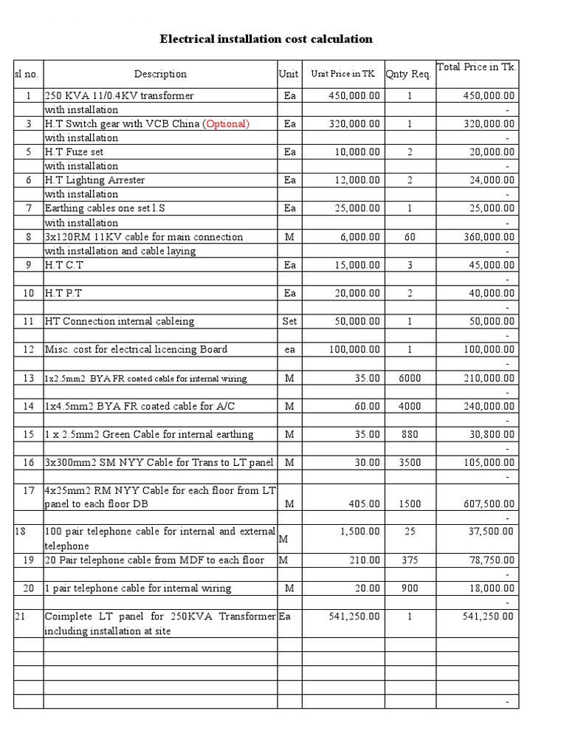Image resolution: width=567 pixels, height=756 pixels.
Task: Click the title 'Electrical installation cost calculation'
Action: pos(266,39)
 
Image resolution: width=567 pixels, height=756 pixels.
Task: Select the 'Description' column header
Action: pos(160,74)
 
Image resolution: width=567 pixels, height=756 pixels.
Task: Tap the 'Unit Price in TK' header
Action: pos(343,74)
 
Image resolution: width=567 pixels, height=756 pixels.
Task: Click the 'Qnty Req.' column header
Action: pos(408,74)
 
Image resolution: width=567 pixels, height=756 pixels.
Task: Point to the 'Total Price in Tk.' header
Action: pos(477,67)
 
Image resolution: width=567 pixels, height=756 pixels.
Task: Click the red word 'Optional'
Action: pos(226,124)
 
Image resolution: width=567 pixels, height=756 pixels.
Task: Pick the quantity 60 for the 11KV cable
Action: pos(409,237)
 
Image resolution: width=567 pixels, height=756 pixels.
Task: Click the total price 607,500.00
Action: pos(487,504)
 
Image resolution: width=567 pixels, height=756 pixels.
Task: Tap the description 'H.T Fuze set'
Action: pos(75,152)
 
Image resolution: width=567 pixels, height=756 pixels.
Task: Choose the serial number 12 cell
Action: pos(28,350)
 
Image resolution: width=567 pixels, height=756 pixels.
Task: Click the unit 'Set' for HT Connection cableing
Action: pos(289,321)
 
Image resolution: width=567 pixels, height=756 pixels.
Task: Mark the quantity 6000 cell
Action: pos(409,378)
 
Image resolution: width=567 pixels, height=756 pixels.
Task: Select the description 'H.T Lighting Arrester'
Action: pos(94,180)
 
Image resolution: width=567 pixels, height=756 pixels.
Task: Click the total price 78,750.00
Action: pos(489,560)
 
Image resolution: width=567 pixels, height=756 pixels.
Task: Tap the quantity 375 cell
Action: pos(409,560)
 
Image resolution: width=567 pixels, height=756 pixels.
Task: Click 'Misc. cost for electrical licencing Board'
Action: pos(136,350)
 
